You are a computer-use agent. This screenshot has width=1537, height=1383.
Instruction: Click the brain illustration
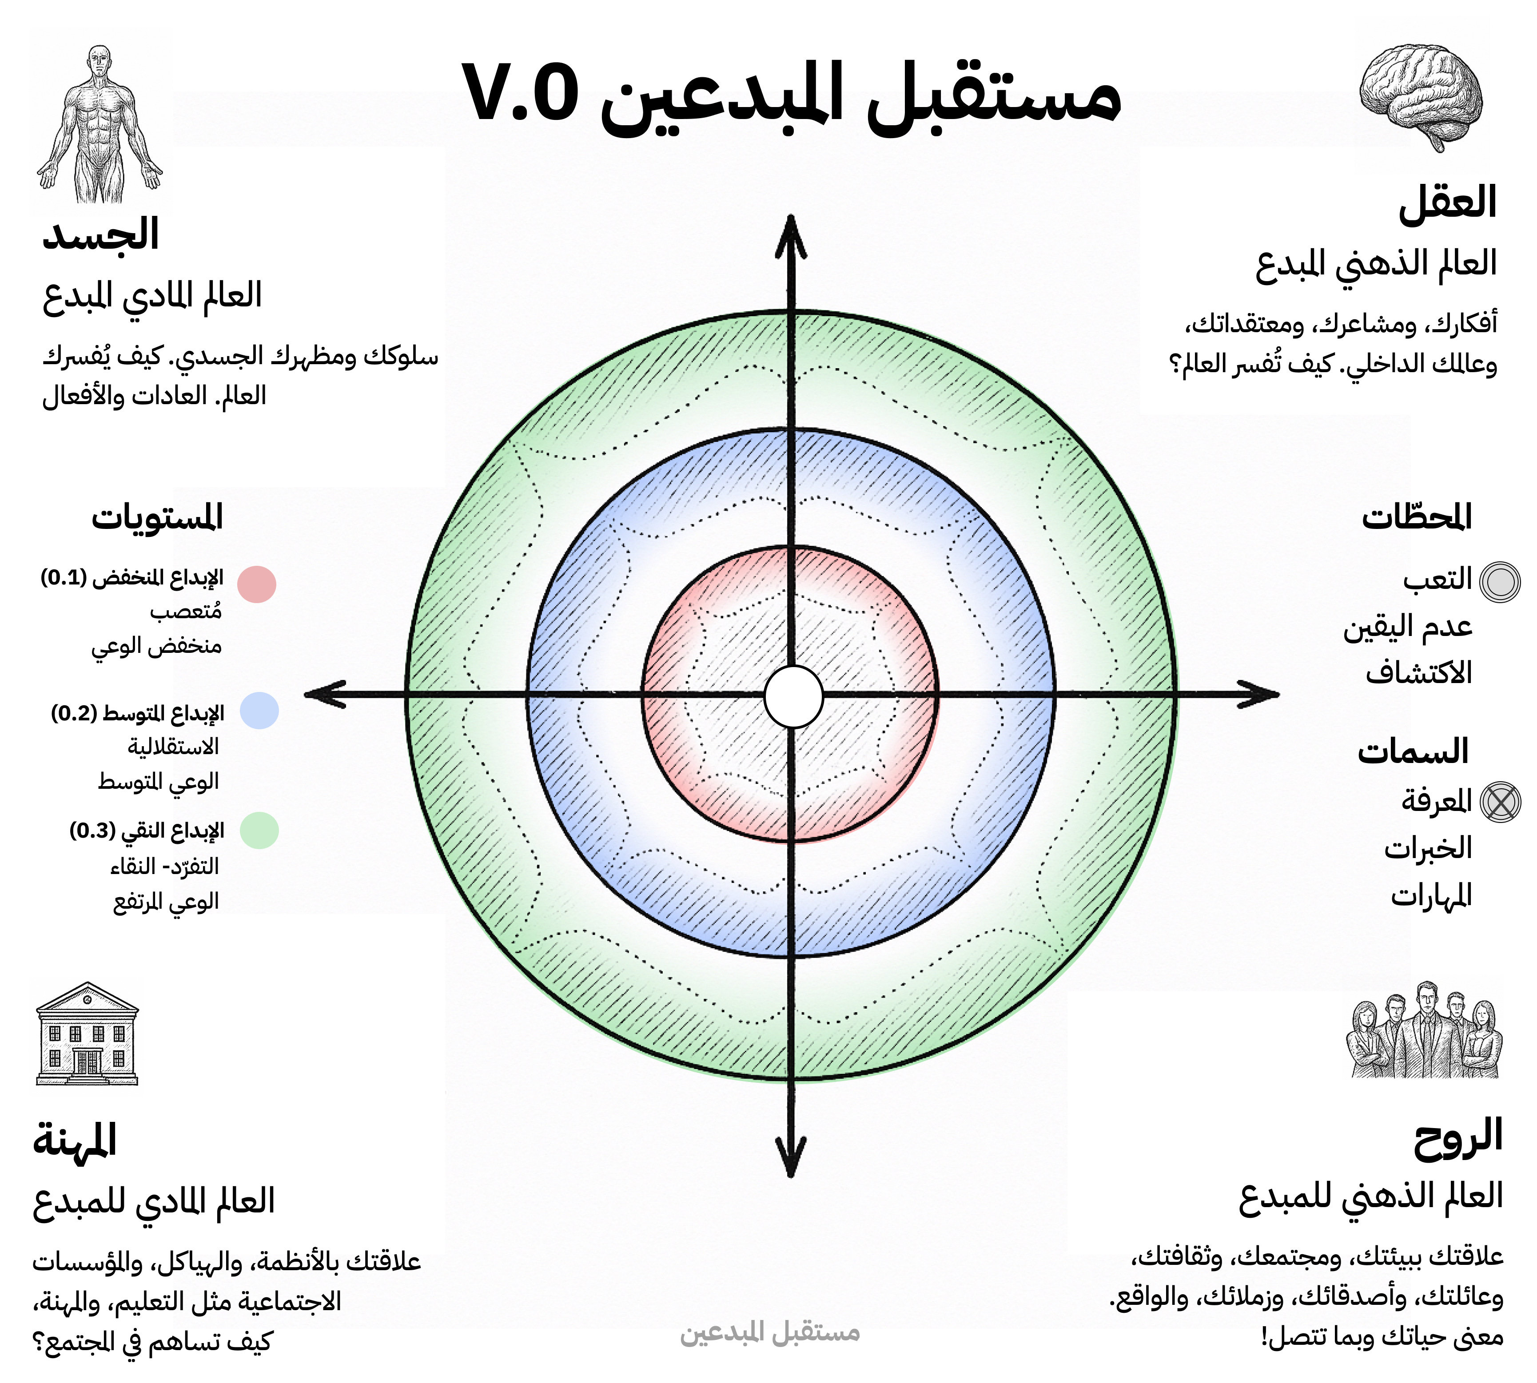click(x=1420, y=95)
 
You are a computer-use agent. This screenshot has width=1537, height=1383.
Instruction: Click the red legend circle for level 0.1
click(x=257, y=584)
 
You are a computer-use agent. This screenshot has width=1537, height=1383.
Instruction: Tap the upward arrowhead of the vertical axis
click(x=791, y=232)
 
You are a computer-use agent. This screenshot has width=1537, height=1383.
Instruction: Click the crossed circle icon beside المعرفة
click(x=1501, y=802)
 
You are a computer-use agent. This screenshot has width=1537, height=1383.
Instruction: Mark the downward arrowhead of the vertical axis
click(x=791, y=1159)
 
